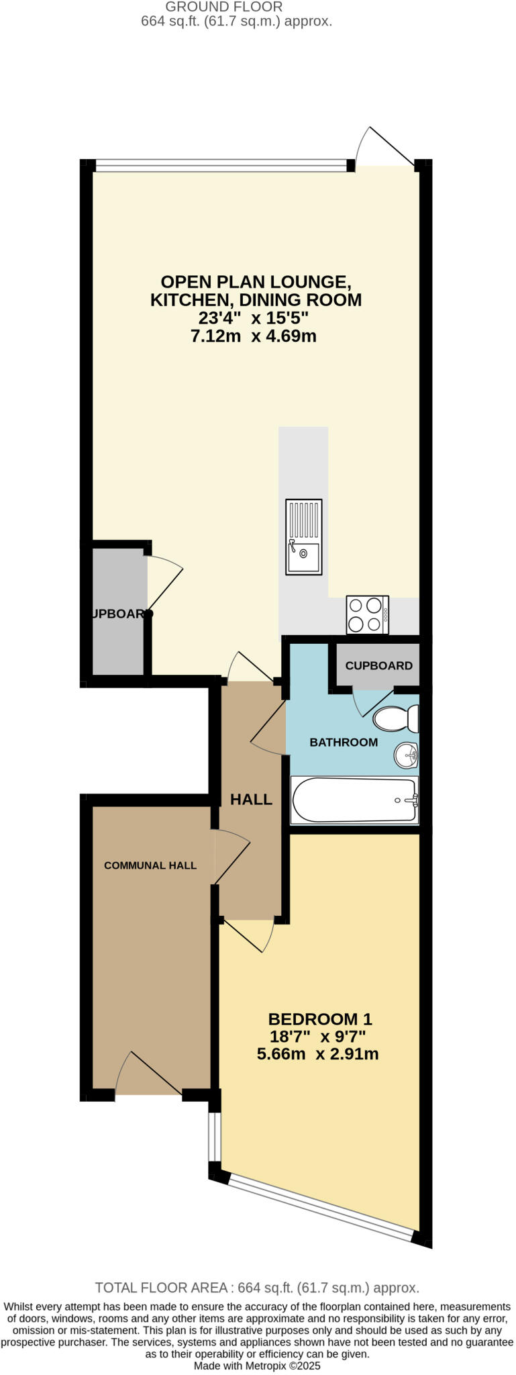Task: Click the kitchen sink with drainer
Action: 303,536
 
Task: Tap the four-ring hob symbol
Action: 367,614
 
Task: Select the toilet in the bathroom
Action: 396,718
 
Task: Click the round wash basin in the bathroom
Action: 406,755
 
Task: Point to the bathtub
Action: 354,800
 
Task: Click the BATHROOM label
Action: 343,742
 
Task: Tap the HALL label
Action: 251,799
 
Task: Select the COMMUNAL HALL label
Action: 150,865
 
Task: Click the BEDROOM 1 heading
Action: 319,1018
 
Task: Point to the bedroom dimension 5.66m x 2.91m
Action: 317,1053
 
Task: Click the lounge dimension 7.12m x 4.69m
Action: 254,336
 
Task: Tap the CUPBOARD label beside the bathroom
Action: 378,665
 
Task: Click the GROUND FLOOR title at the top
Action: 224,7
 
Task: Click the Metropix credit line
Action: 257,1365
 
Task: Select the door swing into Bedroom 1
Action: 248,935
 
